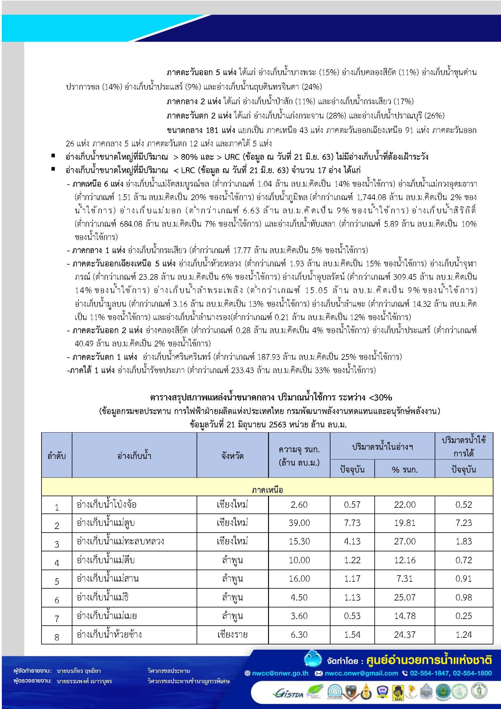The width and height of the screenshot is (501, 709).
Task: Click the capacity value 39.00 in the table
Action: click(299, 523)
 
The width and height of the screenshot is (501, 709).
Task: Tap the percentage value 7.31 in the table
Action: click(404, 578)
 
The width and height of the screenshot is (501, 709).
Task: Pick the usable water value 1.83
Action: click(463, 541)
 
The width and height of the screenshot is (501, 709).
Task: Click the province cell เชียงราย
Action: click(232, 634)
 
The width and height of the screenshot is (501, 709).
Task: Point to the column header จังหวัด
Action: click(232, 456)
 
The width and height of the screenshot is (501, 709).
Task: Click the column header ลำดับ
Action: click(56, 456)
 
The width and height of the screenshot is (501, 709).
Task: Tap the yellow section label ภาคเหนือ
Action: click(267, 490)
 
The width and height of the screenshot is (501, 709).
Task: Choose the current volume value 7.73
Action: click(352, 523)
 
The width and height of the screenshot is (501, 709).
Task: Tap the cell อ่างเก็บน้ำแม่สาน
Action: click(107, 578)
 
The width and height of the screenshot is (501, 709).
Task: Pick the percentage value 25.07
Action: click(404, 597)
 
